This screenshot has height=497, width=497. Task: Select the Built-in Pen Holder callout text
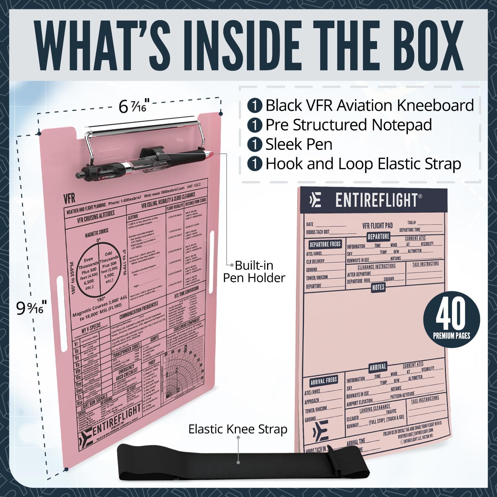[254, 271]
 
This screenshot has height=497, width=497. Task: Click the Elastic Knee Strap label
[238, 429]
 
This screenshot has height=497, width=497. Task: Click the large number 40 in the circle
[451, 315]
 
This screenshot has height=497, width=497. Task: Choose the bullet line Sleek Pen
[299, 144]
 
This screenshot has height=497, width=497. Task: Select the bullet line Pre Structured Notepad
[348, 125]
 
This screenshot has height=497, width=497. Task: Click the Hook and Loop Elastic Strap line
[363, 164]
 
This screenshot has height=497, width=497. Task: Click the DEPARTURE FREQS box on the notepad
[325, 244]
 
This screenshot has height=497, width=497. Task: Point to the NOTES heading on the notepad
[378, 287]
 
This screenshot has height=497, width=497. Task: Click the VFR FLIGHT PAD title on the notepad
[377, 226]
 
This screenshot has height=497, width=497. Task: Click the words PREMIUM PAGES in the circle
[451, 336]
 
